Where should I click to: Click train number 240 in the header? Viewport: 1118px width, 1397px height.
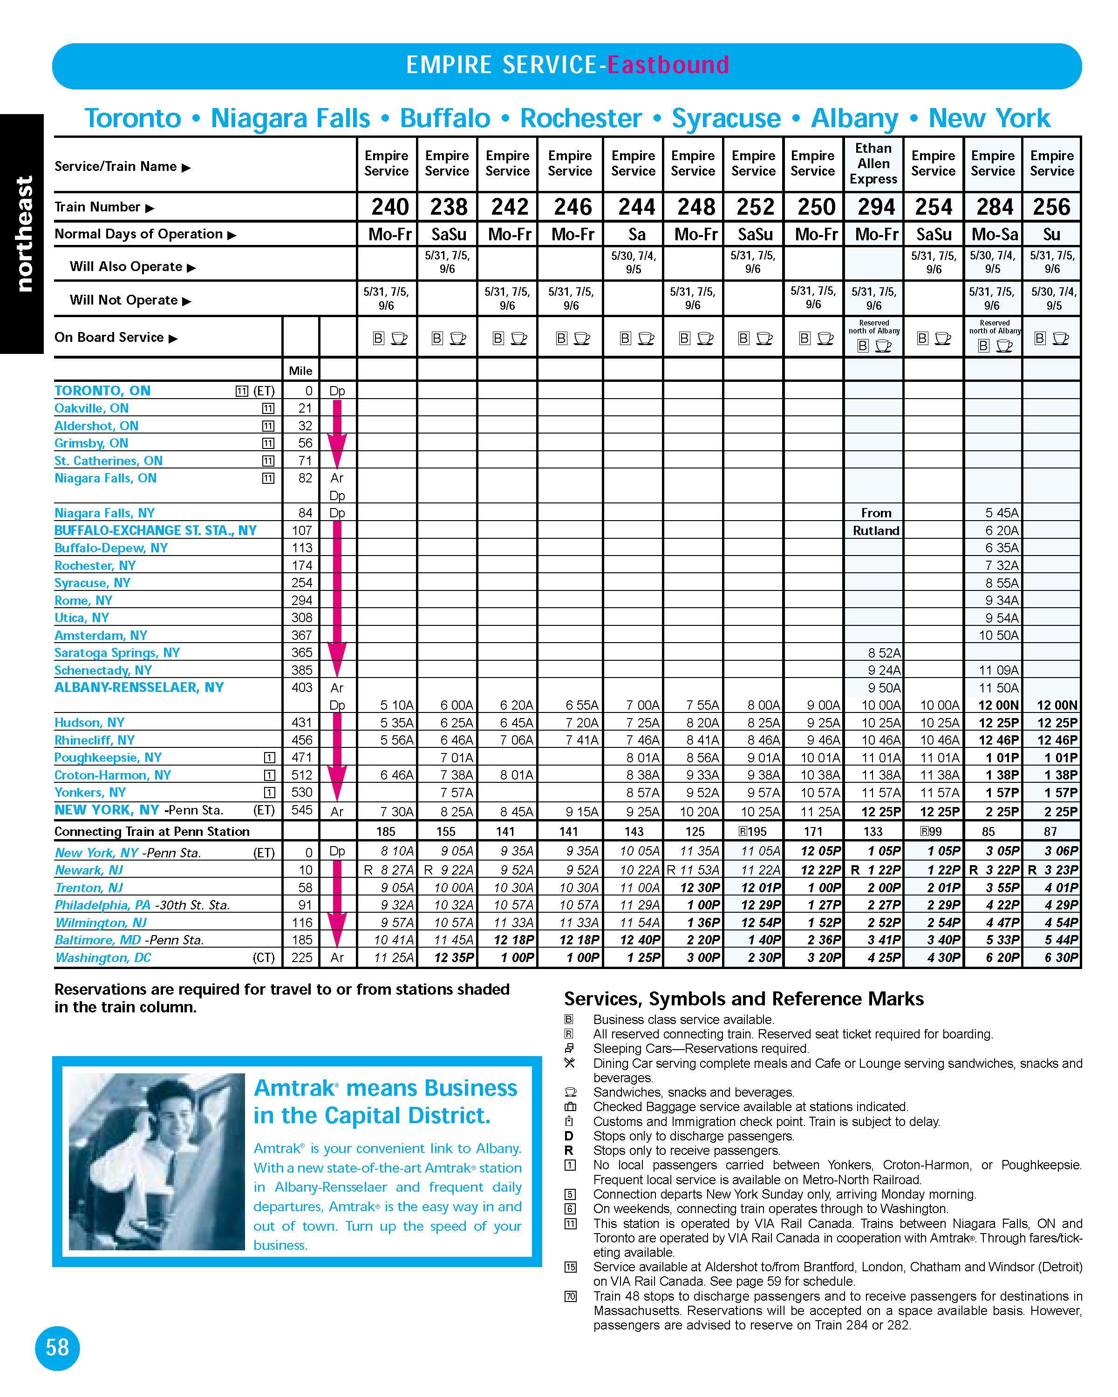389,207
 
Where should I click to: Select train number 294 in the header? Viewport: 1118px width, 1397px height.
876,207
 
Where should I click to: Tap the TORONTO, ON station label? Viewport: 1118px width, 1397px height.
102,391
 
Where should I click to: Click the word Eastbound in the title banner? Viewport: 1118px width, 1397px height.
668,66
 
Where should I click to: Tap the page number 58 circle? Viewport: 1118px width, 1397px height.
57,1348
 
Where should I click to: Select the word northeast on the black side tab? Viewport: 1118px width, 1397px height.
23,233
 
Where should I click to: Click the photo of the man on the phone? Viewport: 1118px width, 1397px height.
157,1161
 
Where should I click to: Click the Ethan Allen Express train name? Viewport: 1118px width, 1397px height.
873,163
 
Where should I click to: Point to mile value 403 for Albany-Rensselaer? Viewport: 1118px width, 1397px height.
301,687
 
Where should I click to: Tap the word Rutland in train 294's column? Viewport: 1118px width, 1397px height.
876,531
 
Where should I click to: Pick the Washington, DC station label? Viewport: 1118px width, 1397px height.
102,958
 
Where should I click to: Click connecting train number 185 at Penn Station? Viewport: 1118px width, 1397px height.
386,831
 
